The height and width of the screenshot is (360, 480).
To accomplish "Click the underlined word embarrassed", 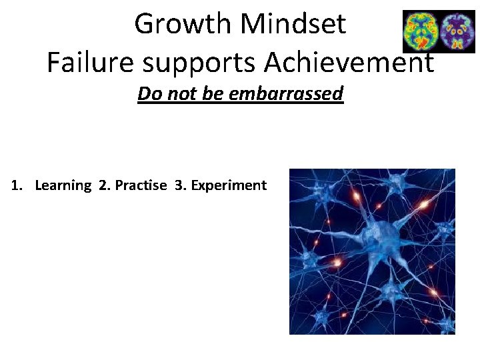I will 286,93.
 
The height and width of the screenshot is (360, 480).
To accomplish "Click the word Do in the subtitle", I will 147,93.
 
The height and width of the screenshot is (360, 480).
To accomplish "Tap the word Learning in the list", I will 63,186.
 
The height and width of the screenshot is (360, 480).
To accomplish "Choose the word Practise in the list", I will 141,185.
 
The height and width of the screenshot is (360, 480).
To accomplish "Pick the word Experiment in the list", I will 229,186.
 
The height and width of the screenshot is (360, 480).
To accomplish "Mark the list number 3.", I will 179,185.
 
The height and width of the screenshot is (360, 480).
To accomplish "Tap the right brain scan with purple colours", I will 457,31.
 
